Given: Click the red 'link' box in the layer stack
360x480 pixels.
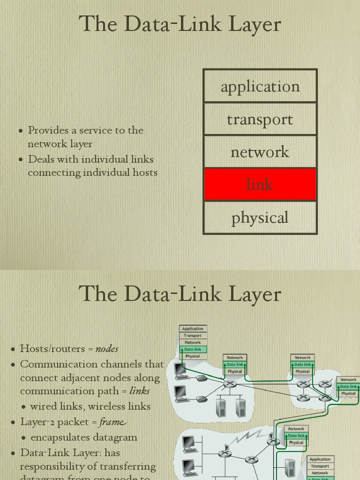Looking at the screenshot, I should click(x=260, y=185).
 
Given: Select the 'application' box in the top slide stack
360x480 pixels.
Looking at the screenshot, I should click(x=260, y=86).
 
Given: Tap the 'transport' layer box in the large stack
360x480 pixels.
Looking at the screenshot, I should click(x=260, y=119).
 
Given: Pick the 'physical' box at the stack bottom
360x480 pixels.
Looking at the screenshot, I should click(x=260, y=217).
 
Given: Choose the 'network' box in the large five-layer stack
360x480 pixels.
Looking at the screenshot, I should click(x=260, y=152).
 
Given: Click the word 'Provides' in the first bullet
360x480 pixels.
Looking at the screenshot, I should click(x=45, y=130).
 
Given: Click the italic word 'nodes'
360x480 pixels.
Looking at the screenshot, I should click(x=107, y=349).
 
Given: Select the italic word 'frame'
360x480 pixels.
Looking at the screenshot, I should click(x=112, y=422).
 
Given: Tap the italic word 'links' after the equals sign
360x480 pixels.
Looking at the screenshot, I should click(x=139, y=391).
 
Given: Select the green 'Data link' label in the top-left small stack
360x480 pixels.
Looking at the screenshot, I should click(x=193, y=349).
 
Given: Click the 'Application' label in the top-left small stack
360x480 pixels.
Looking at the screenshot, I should click(x=193, y=329).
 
